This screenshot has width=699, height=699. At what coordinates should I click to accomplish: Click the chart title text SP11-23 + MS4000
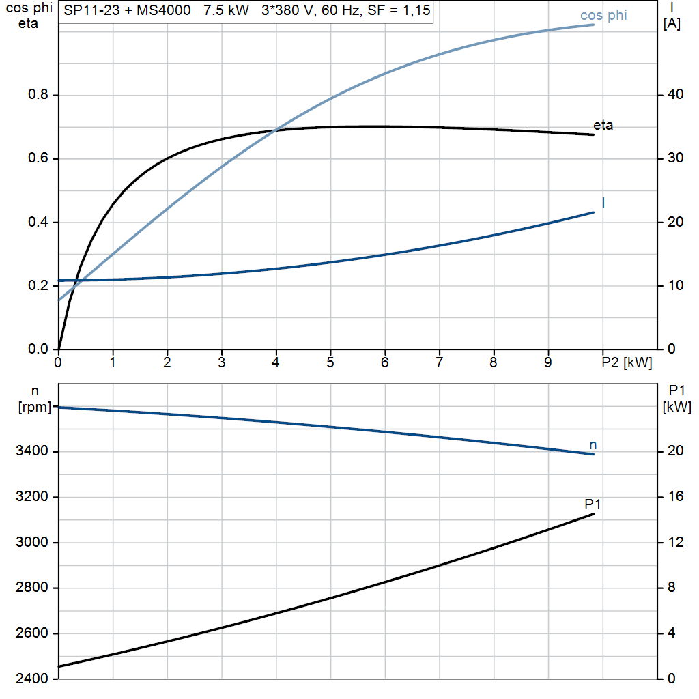tap(127, 10)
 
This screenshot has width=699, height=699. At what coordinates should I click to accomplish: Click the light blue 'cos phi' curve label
tap(603, 15)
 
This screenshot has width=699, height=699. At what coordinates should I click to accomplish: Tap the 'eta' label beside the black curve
tap(603, 126)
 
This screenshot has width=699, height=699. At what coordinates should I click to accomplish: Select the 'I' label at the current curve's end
tap(603, 203)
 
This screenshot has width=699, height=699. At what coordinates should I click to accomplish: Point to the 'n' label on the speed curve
tap(593, 445)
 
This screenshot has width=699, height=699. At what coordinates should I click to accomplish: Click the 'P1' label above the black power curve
tap(593, 504)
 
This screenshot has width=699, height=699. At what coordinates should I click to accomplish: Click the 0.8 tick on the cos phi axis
tap(38, 94)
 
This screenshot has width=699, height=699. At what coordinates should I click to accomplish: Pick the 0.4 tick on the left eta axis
tap(38, 222)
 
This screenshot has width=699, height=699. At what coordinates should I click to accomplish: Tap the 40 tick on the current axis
tap(675, 94)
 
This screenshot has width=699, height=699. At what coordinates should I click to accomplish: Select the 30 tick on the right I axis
tap(675, 158)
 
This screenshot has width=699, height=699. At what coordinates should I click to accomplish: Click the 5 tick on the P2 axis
tap(330, 362)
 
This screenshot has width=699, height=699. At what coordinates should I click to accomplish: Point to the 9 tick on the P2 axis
tap(548, 362)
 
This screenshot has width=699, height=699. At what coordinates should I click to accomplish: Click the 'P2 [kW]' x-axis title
tap(627, 362)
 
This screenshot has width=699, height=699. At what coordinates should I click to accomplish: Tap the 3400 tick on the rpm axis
tap(31, 451)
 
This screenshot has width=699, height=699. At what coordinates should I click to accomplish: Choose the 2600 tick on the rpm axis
tap(31, 633)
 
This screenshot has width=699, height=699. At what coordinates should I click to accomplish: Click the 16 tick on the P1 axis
tap(675, 497)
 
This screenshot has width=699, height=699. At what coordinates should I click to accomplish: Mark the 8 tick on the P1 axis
tap(672, 588)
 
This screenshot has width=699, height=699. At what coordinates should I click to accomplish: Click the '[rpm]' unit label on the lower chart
tap(35, 408)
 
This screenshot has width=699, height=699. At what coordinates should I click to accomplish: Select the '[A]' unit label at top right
tap(672, 24)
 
